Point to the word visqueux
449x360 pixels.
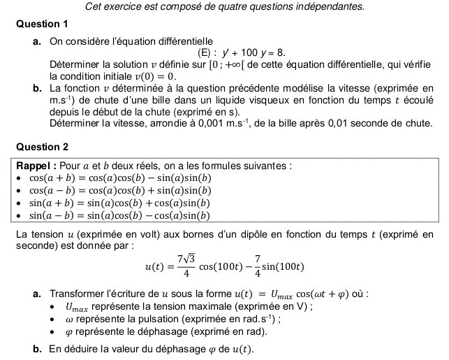coord(275,101)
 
